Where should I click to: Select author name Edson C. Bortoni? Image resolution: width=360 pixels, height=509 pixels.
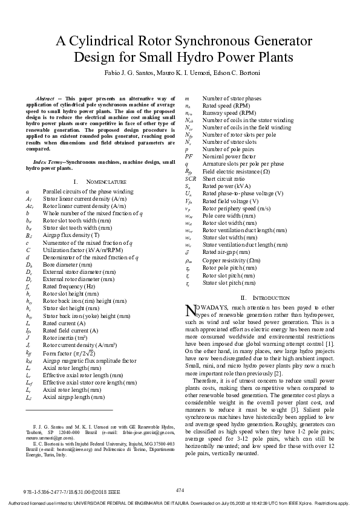[241, 73]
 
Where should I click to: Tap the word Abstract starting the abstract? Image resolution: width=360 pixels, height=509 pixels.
[46, 98]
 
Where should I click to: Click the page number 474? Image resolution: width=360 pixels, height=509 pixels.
[180, 490]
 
